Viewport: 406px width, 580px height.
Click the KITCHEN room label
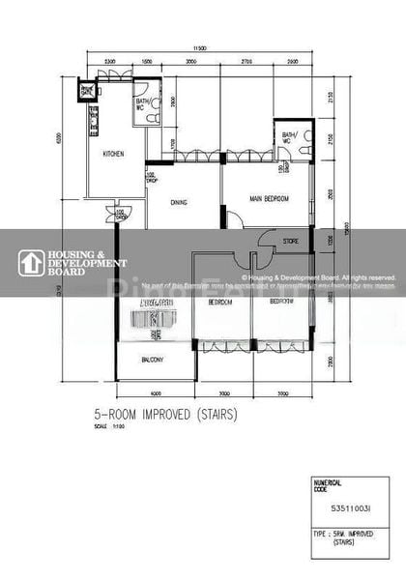coord(114,154)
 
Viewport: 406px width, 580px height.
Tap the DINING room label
coord(178,202)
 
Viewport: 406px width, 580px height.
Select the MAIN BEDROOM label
coord(271,199)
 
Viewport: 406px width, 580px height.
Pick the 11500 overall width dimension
coord(199,47)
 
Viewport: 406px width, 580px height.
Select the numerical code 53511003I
coord(348,507)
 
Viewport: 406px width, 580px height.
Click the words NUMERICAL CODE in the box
coord(327,485)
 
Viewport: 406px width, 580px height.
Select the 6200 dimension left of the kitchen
coord(59,138)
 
